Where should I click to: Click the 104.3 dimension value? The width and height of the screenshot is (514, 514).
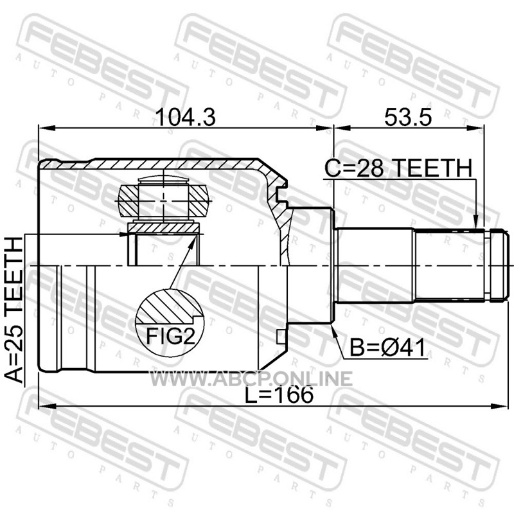[x=186, y=118]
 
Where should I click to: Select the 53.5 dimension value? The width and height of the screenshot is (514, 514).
[x=408, y=118]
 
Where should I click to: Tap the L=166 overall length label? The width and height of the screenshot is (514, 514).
[x=279, y=394]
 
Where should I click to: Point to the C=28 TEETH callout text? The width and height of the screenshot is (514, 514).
[x=398, y=168]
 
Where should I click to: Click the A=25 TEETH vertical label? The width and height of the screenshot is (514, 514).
[x=15, y=310]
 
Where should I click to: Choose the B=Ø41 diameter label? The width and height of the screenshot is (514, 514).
[x=387, y=348]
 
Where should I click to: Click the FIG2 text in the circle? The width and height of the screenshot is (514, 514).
[x=170, y=336]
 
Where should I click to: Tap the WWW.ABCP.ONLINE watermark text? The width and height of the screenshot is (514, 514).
[x=251, y=379]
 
